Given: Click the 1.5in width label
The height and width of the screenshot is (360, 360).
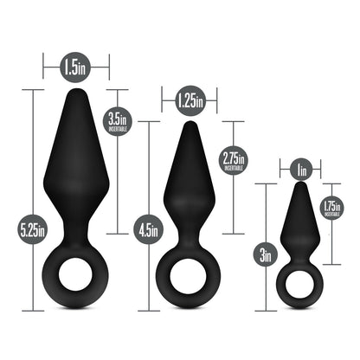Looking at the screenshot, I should point(76,64).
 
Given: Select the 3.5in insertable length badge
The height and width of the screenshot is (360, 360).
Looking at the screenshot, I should point(118,121).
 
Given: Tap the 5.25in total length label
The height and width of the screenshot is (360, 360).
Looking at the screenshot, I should point(35,229).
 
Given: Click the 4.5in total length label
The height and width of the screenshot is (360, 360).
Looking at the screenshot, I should point(149,230).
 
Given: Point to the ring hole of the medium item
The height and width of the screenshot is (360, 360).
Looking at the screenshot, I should point(189,282).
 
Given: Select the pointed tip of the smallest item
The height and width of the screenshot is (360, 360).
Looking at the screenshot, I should point(300,187).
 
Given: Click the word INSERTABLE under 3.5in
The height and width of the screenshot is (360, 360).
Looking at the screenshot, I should point(118,129).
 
